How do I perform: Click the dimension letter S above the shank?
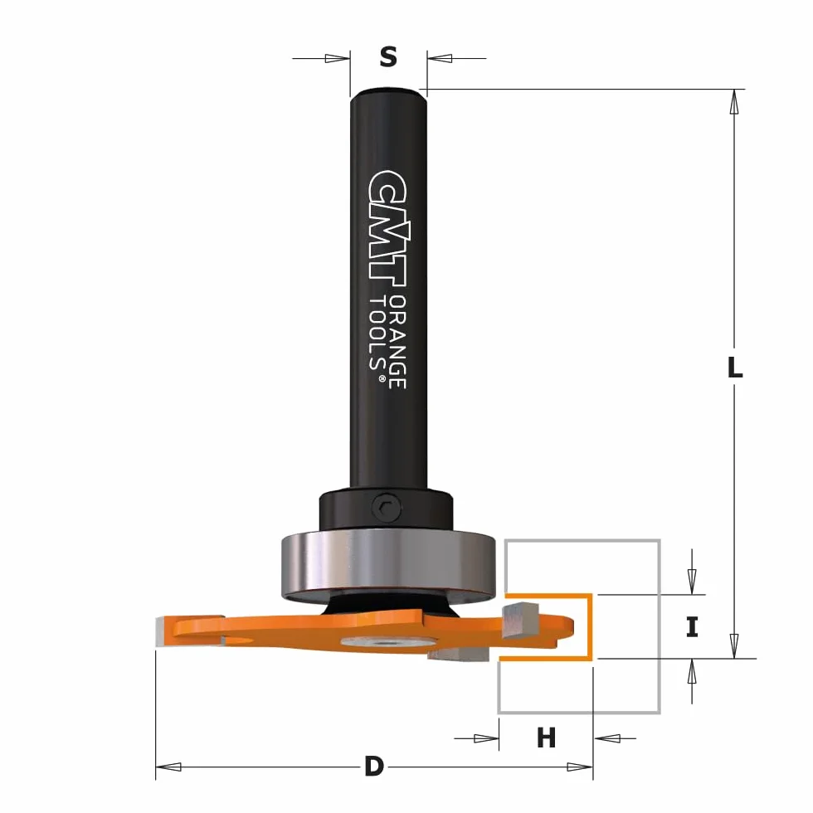(x=388, y=56)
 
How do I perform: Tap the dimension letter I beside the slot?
(x=692, y=626)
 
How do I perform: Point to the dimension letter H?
(x=546, y=737)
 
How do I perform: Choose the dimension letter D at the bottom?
(x=374, y=767)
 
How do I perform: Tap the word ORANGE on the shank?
(x=397, y=342)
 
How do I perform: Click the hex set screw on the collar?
(x=386, y=506)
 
